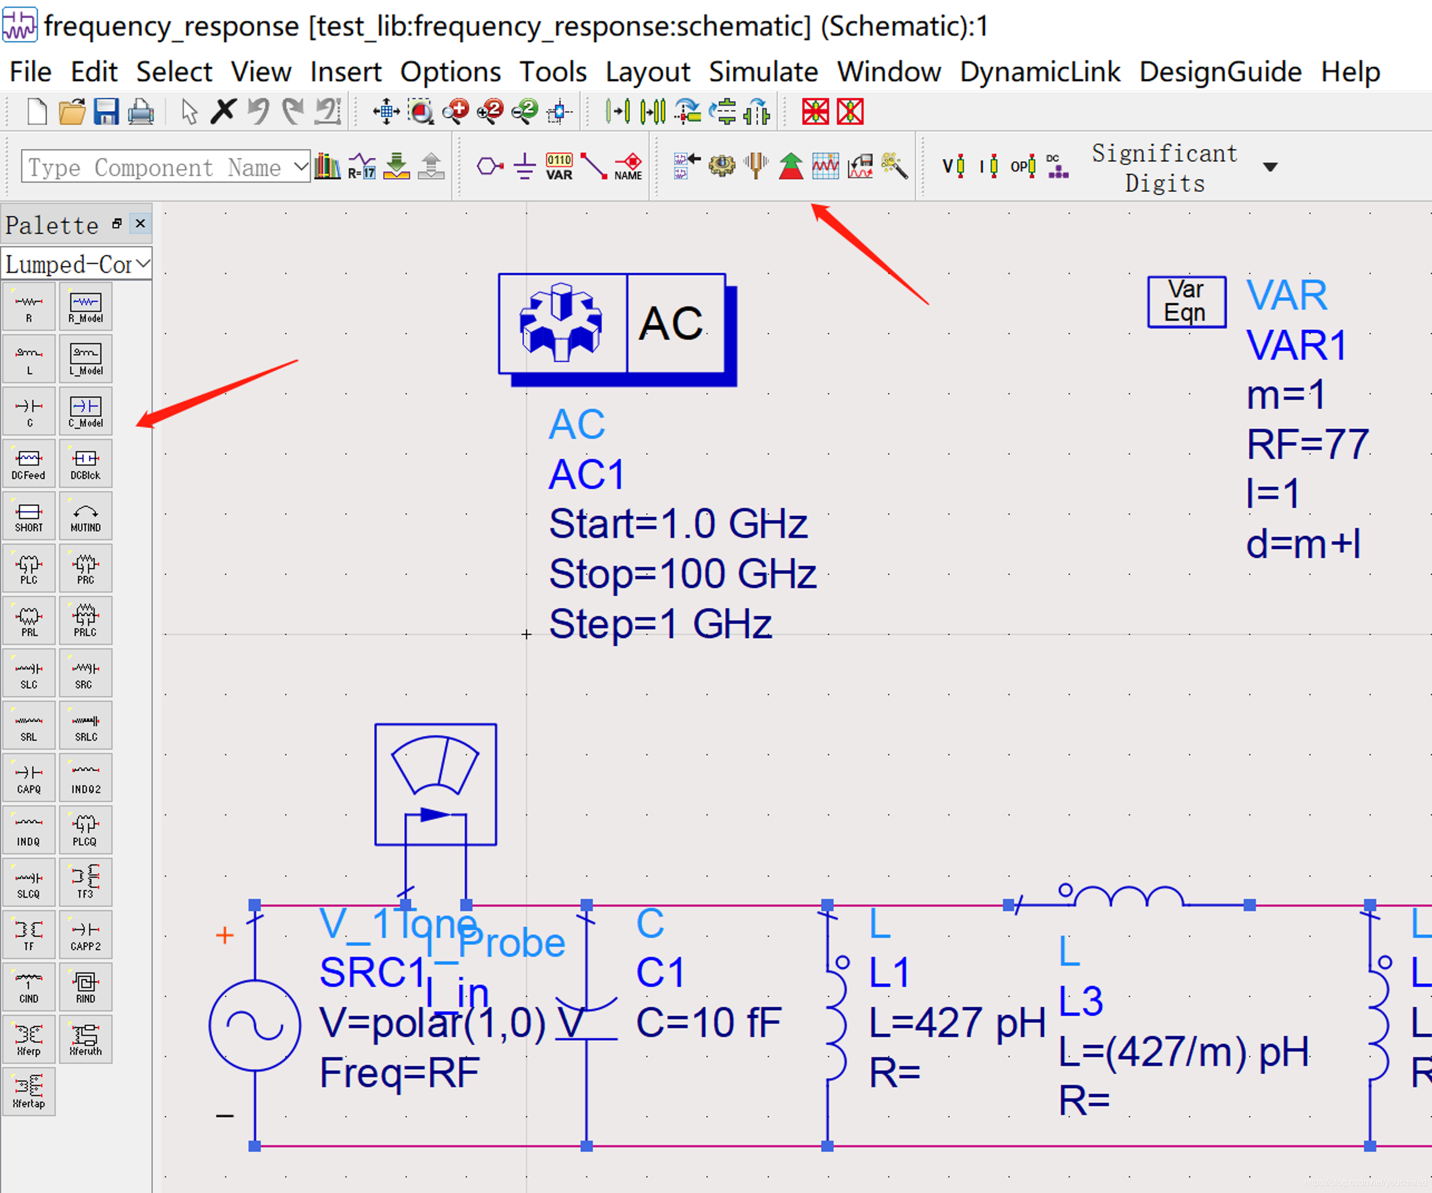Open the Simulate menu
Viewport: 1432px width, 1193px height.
763,72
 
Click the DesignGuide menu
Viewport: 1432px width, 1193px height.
1220,72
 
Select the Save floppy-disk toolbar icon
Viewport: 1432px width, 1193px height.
106,111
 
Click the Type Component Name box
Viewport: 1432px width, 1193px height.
157,167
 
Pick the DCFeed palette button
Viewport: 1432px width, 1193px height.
28,463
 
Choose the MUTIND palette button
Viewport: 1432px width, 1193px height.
85,516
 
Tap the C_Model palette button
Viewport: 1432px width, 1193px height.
85,411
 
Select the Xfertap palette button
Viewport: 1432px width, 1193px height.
28,1092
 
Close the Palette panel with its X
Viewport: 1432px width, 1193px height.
140,223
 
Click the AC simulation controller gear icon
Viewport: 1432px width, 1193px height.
561,323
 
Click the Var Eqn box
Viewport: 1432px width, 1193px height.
1186,301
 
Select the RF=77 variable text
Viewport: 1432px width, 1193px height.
1307,444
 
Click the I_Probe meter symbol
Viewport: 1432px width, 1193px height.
435,784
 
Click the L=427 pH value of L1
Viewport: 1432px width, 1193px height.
957,1023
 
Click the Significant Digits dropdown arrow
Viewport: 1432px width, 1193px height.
1270,167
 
